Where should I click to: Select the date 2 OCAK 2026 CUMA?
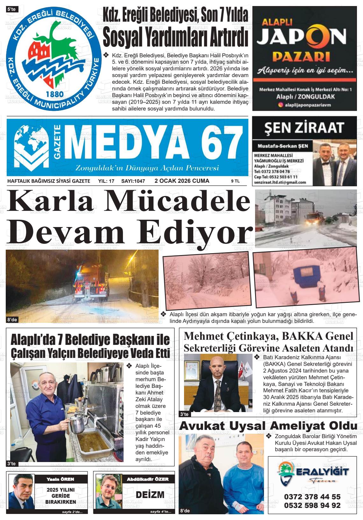182,181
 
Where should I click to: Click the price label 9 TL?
235,181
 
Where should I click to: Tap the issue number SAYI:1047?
133,181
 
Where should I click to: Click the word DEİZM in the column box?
150,495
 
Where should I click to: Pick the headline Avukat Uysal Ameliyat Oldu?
268,426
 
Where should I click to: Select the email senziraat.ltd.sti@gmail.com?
280,182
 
